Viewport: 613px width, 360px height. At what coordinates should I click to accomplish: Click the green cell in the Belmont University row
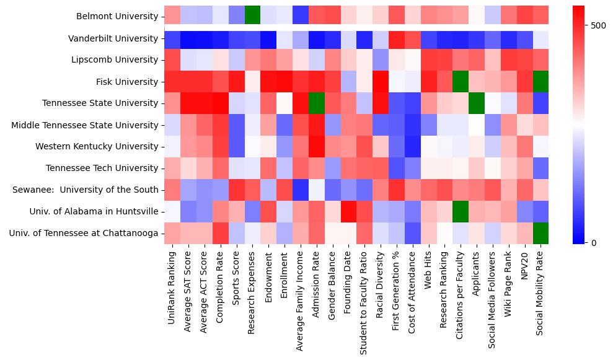coord(252,17)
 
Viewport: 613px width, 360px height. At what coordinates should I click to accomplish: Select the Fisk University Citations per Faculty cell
coord(461,82)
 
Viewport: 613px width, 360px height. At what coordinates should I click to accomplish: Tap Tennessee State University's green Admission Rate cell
coord(316,103)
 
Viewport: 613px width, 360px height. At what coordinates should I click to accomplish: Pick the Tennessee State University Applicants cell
coord(477,103)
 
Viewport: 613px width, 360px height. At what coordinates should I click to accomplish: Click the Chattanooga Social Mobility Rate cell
coord(540,234)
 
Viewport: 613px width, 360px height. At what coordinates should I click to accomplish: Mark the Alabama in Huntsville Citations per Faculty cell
coord(461,212)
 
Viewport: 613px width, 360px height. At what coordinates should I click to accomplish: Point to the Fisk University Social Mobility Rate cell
coord(540,82)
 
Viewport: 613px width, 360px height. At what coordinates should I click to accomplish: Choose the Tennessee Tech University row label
coord(102,169)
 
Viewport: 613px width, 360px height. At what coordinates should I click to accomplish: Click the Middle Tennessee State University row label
coord(85,125)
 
